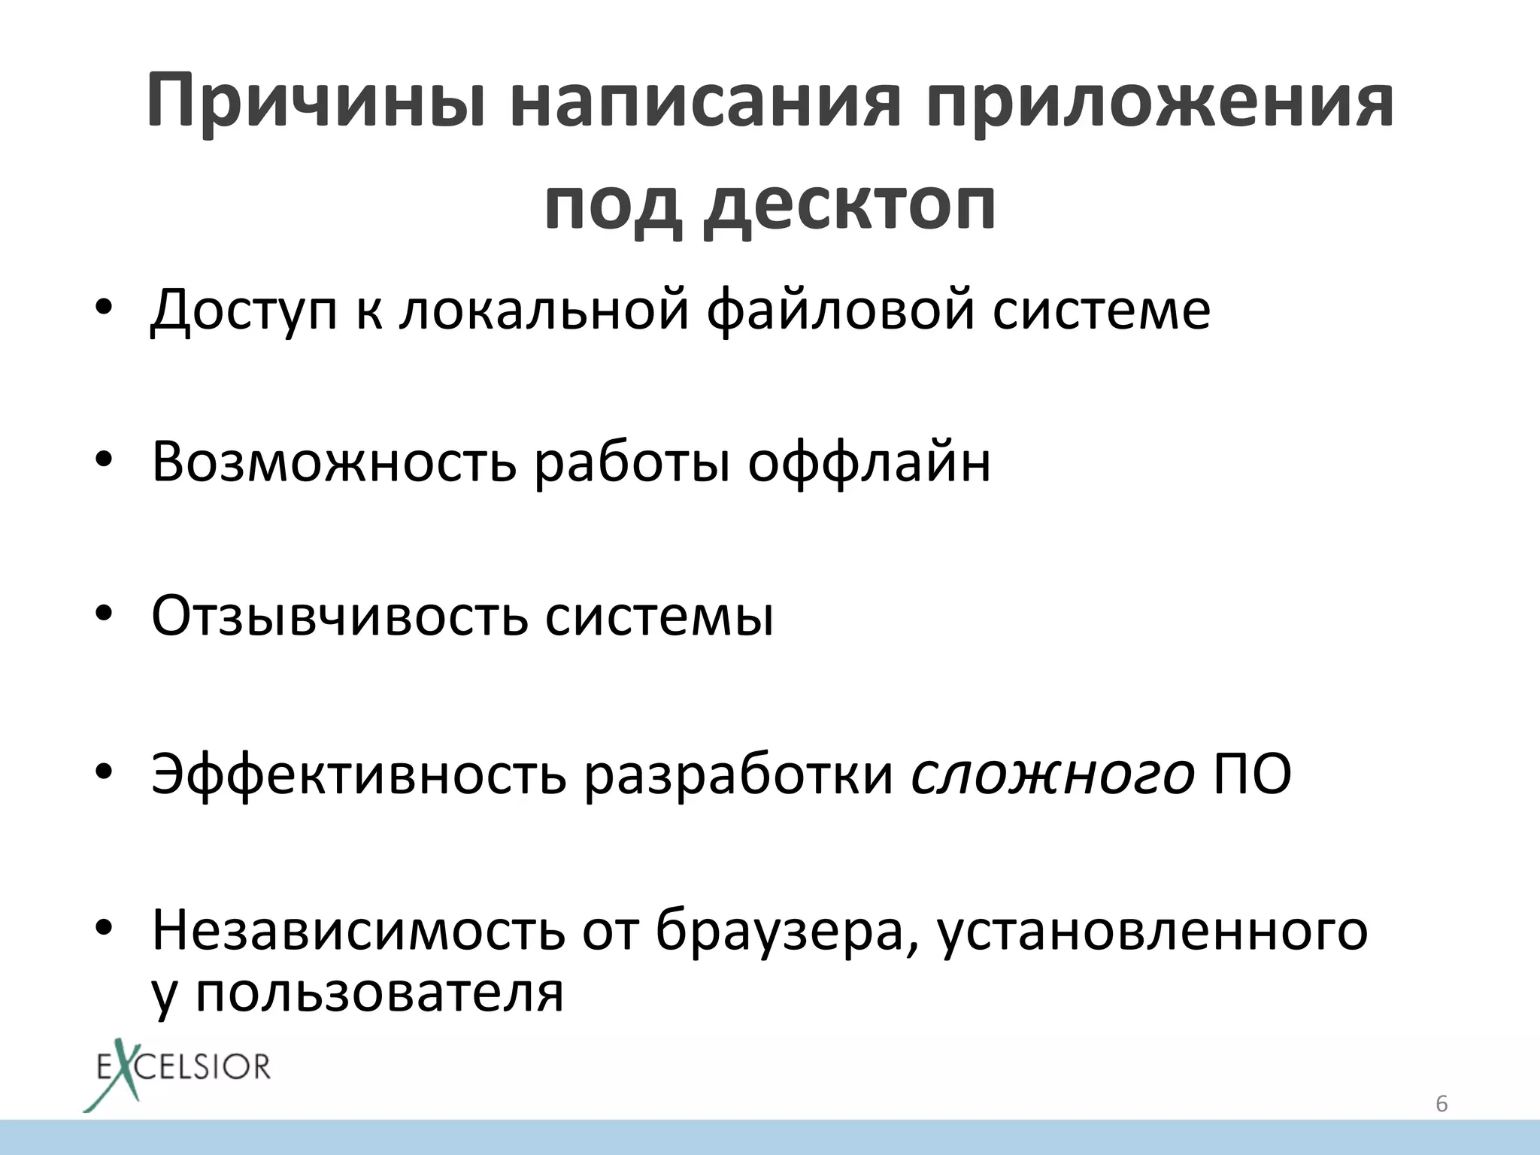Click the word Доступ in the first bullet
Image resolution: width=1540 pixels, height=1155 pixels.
pos(244,310)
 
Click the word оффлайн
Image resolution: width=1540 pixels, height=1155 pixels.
pos(869,462)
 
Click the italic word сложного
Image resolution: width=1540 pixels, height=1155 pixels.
pos(1053,775)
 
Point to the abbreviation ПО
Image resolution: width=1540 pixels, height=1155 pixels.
pos(1253,775)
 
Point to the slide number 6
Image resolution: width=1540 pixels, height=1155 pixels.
pos(1441,1104)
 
